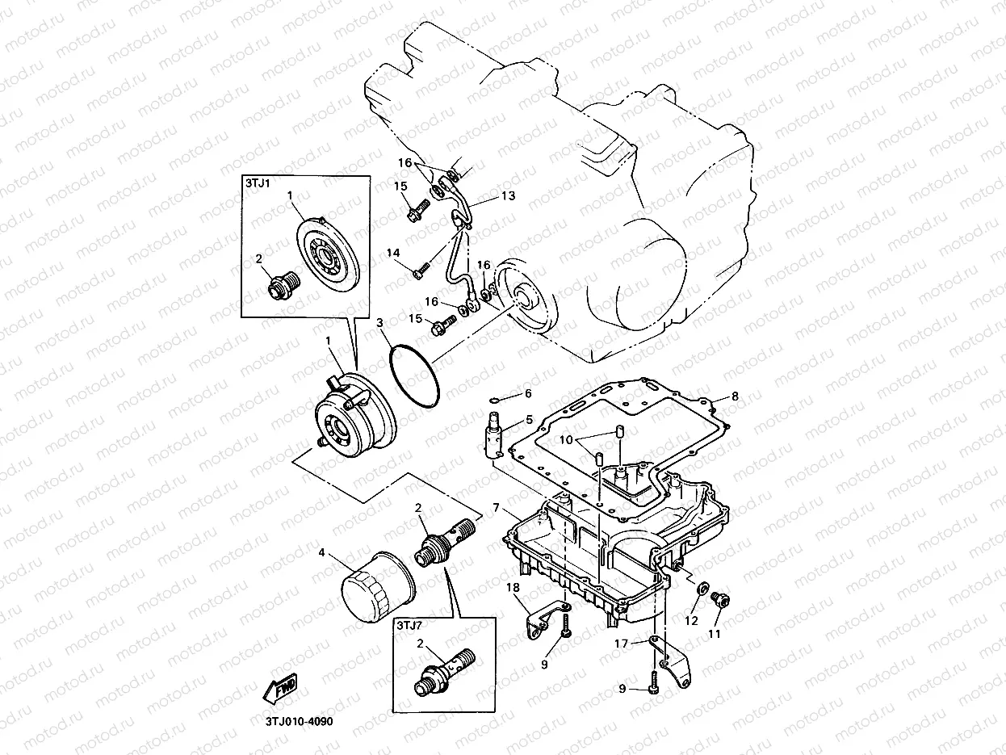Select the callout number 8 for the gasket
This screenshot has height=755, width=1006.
(735, 396)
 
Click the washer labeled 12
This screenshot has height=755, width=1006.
(702, 588)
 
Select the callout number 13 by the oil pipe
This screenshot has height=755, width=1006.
(507, 196)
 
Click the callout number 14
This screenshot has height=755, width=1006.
(393, 254)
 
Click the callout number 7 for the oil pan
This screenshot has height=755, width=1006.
(497, 510)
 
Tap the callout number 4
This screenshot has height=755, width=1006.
(321, 553)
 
